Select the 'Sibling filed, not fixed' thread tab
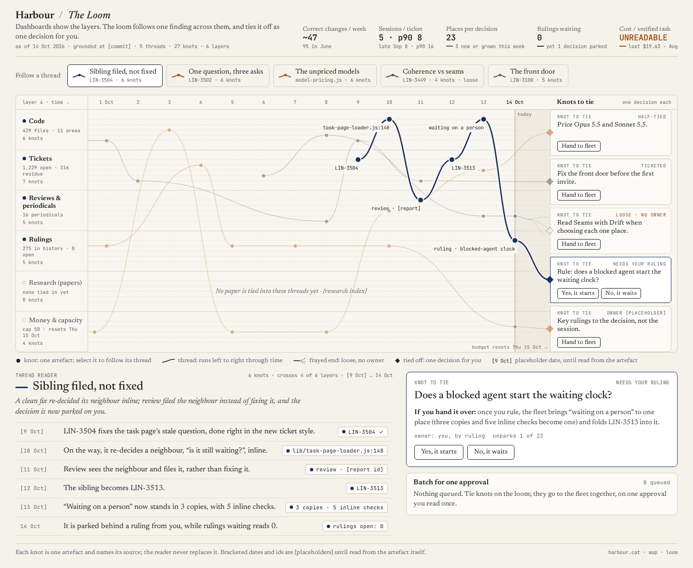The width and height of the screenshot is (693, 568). point(115,76)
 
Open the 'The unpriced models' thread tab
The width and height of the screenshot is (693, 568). point(325,76)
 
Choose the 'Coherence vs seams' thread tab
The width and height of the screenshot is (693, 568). point(432,76)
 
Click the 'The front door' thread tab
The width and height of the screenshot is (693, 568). point(528,76)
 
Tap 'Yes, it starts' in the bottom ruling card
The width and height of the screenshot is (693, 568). point(439,452)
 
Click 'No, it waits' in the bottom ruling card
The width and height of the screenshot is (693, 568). point(490,452)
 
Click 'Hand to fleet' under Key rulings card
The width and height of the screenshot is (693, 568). point(578,342)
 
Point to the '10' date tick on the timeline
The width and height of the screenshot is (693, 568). point(389,102)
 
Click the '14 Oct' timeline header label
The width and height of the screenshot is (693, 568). point(514,102)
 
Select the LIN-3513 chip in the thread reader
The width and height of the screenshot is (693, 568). point(367,488)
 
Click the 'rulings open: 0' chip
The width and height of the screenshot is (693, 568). point(355,526)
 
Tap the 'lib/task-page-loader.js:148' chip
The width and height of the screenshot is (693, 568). point(335,451)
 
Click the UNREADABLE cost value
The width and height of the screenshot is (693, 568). point(643,38)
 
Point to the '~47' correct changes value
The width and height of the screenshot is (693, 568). point(310,38)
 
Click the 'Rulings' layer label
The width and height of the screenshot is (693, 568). point(40,240)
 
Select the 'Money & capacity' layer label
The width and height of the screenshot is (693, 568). point(55,320)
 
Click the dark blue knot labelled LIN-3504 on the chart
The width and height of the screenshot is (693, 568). point(358,160)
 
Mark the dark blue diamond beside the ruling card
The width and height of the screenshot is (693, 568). point(550,280)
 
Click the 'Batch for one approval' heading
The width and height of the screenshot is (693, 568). point(451,482)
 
